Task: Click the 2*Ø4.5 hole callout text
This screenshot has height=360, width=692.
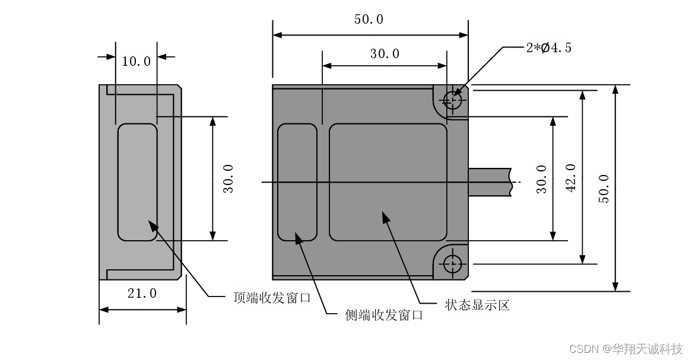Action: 548,48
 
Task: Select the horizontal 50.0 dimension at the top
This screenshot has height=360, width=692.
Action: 369,19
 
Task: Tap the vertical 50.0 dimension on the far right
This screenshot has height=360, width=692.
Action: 604,189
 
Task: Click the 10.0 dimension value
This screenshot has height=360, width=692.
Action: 136,61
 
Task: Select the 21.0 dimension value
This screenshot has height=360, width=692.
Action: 142,293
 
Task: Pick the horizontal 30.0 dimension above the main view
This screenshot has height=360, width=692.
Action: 385,53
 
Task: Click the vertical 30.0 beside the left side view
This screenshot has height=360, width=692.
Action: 228,179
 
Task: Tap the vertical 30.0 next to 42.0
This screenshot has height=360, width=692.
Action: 541,179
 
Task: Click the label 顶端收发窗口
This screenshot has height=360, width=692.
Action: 272,298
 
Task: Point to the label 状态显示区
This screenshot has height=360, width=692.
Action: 477,305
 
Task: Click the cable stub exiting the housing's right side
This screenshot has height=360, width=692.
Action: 490,181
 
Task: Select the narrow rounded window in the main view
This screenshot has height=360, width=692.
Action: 297,183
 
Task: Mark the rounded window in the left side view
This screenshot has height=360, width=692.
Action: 137,182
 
